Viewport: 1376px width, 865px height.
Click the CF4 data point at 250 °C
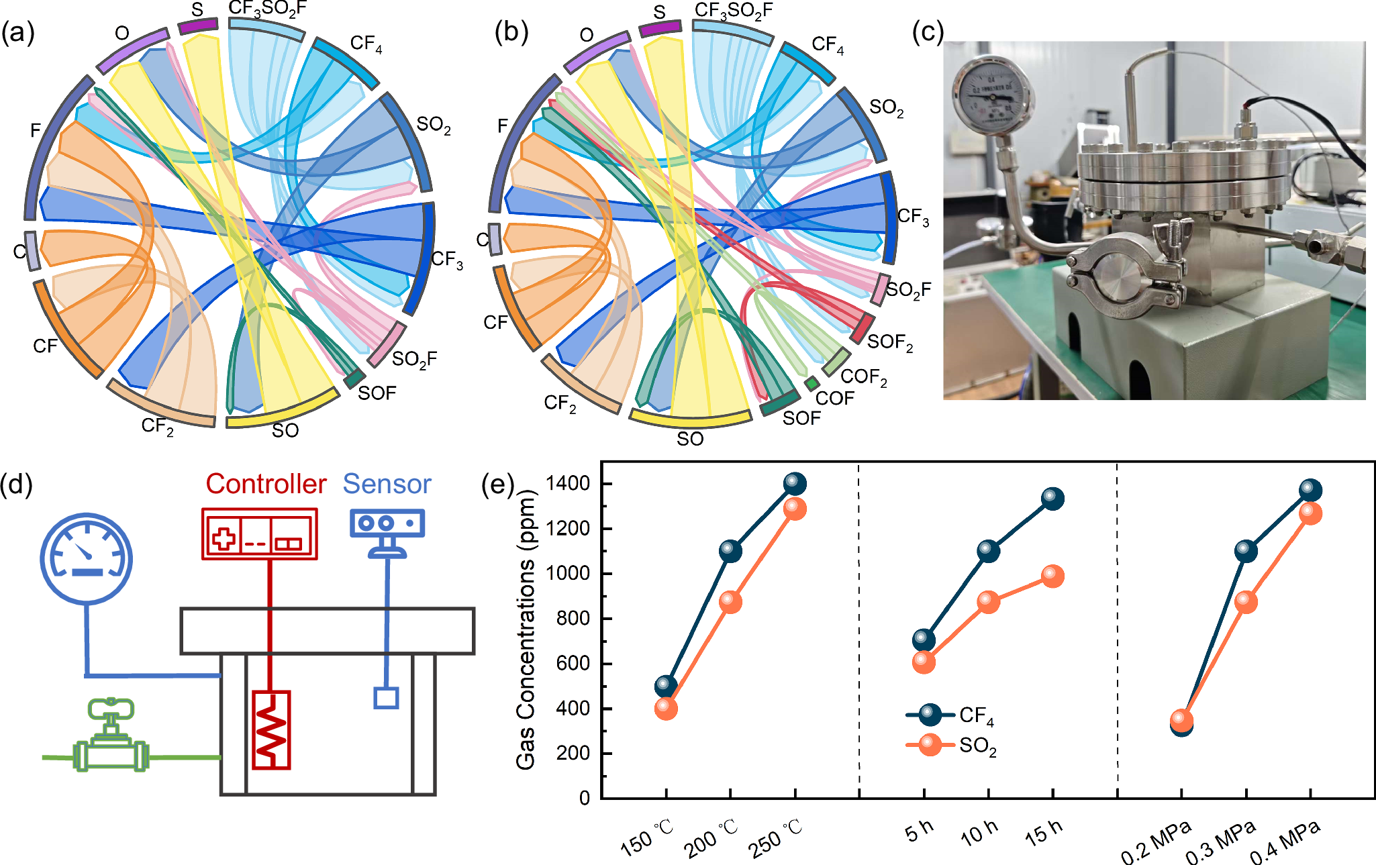[x=795, y=483]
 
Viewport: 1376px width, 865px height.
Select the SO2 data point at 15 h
[x=1052, y=576]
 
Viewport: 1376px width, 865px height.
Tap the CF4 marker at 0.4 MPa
[x=1310, y=490]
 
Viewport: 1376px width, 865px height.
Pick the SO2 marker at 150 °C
[x=666, y=708]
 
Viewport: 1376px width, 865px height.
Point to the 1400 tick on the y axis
[x=568, y=483]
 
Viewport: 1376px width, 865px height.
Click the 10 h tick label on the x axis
[x=979, y=833]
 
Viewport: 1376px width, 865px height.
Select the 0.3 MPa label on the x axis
[x=1220, y=842]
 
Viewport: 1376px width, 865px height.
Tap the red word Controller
[x=266, y=484]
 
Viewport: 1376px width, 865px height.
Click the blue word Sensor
[x=387, y=484]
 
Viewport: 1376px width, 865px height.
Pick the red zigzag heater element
[x=271, y=729]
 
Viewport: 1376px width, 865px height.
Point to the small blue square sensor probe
[x=386, y=698]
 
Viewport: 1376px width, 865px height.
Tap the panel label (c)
[x=928, y=32]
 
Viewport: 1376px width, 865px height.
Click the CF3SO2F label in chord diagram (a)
[x=268, y=8]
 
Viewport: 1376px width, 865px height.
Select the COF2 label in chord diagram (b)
[x=864, y=377]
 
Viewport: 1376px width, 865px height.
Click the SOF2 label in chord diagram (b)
[x=890, y=342]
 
